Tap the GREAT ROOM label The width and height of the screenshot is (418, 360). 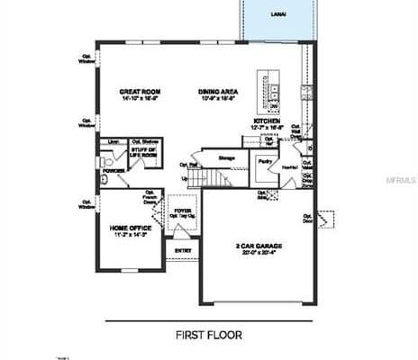[141, 92]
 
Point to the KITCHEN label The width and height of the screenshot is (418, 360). [267, 120]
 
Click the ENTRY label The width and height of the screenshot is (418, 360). [183, 250]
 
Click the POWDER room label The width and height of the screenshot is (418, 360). [114, 169]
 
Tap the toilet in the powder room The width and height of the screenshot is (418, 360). [105, 180]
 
